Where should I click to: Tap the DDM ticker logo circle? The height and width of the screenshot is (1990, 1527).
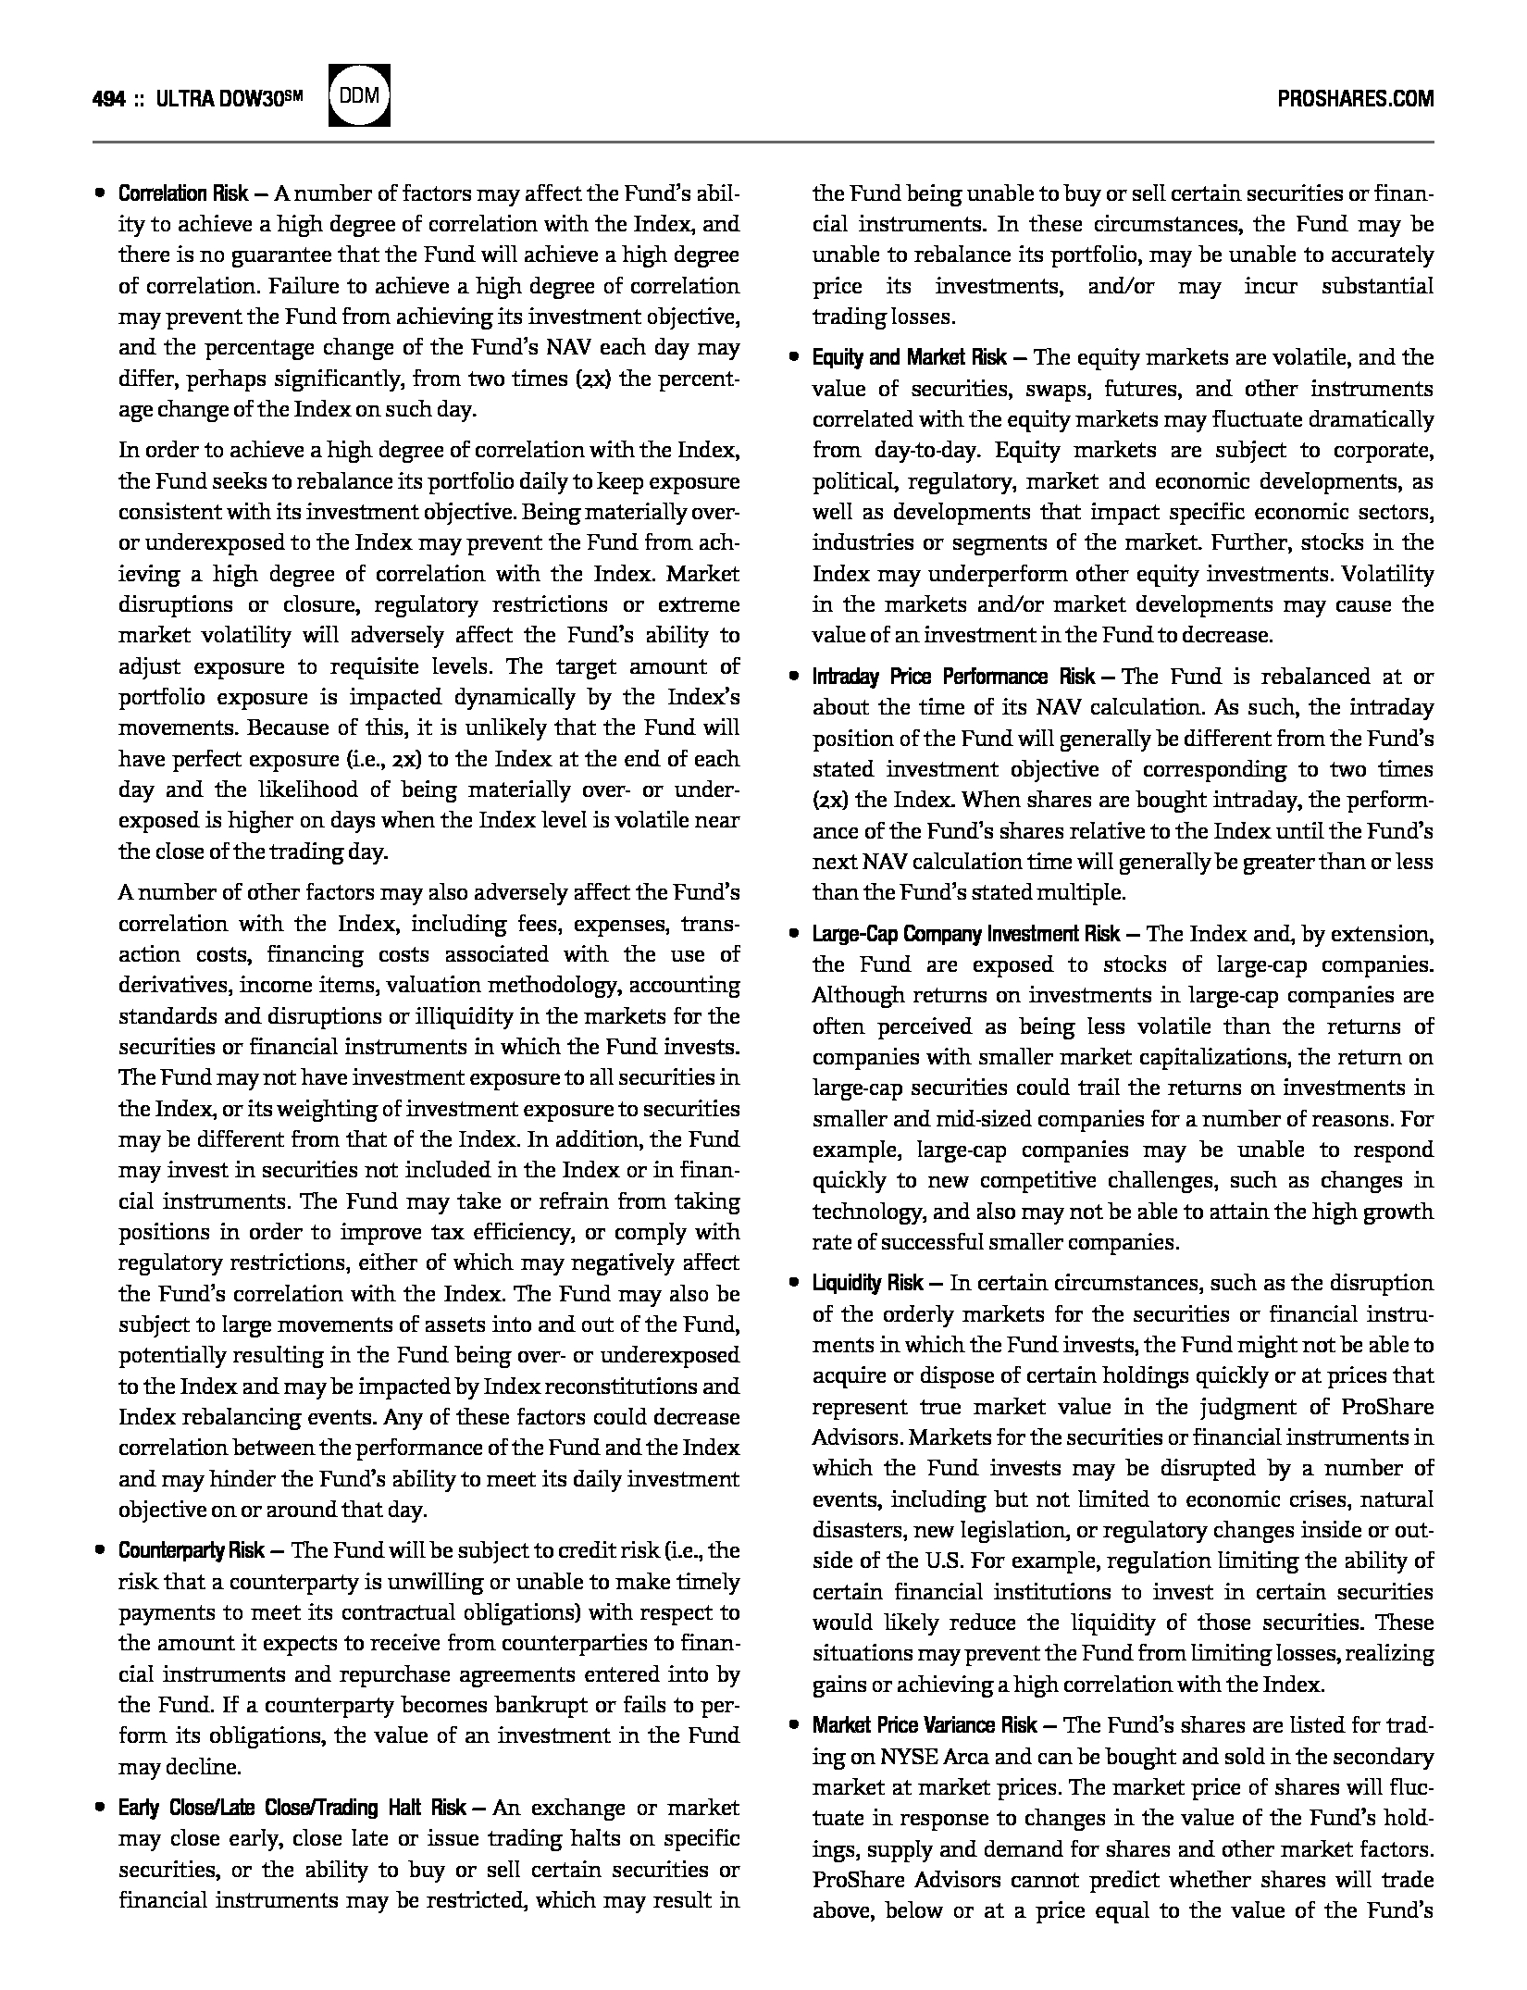pos(359,95)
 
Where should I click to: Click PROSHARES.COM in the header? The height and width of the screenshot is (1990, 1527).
pos(1355,99)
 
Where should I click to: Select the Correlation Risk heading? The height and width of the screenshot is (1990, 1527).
pos(183,193)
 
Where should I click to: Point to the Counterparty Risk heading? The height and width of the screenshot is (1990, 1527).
pos(192,1550)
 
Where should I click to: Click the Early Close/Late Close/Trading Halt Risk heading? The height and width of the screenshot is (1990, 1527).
pos(292,1808)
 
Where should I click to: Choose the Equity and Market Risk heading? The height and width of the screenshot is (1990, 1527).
pos(910,357)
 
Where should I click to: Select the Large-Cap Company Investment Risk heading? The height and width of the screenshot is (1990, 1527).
pos(966,934)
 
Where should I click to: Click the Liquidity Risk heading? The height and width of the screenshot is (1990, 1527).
pos(867,1284)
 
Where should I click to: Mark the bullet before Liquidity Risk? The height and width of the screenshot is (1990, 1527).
pos(793,1284)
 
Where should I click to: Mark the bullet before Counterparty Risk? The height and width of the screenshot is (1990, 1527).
pos(98,1551)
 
